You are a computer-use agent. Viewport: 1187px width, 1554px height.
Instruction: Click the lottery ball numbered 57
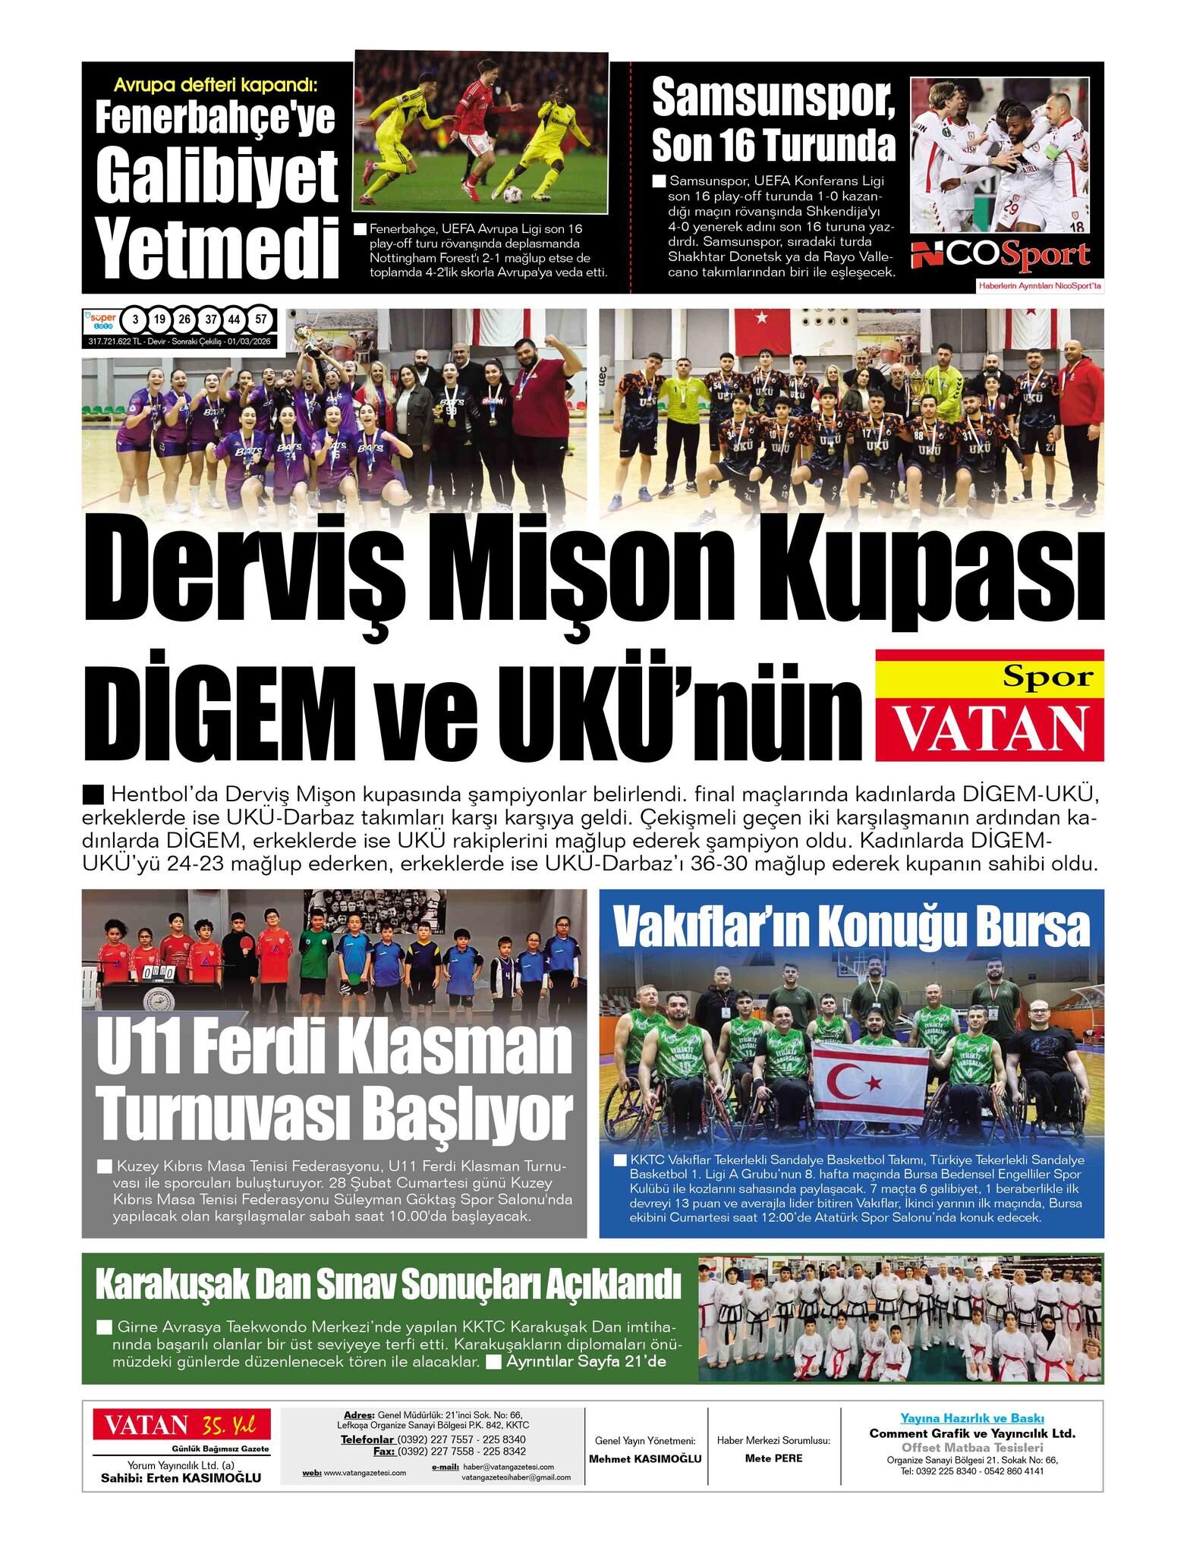[261, 319]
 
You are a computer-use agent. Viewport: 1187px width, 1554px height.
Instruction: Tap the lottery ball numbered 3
[134, 319]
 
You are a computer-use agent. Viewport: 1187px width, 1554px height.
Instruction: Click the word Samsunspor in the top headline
[773, 97]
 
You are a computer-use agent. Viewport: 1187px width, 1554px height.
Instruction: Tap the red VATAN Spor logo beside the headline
[989, 705]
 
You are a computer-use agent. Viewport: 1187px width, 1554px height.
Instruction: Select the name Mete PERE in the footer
[773, 1458]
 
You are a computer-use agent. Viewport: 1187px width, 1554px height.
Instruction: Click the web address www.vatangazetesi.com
[364, 1472]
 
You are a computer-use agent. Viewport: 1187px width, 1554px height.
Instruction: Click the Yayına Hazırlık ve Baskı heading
[972, 1418]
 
